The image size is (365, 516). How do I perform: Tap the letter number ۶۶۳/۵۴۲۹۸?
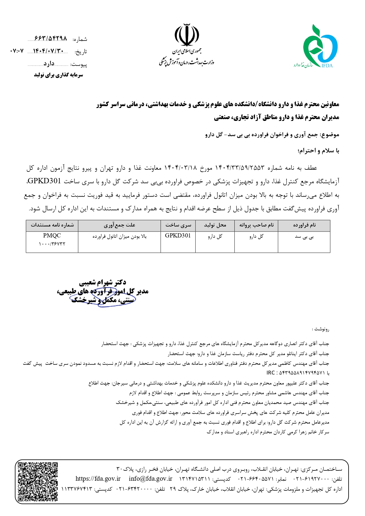(51, 39)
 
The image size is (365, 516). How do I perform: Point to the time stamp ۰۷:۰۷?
(17, 51)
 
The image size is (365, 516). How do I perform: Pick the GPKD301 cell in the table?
(178, 236)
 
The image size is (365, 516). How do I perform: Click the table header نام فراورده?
(304, 225)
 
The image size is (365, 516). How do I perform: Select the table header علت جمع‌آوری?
(119, 225)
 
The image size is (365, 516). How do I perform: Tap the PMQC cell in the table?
(52, 236)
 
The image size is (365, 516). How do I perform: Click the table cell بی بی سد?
(304, 237)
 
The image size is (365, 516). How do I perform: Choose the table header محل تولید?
(215, 225)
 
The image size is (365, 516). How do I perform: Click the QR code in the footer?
(37, 482)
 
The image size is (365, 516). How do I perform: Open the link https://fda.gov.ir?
(98, 479)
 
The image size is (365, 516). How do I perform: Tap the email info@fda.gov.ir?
(150, 479)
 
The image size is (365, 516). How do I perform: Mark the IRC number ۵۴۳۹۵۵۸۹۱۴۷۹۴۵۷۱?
(297, 373)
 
